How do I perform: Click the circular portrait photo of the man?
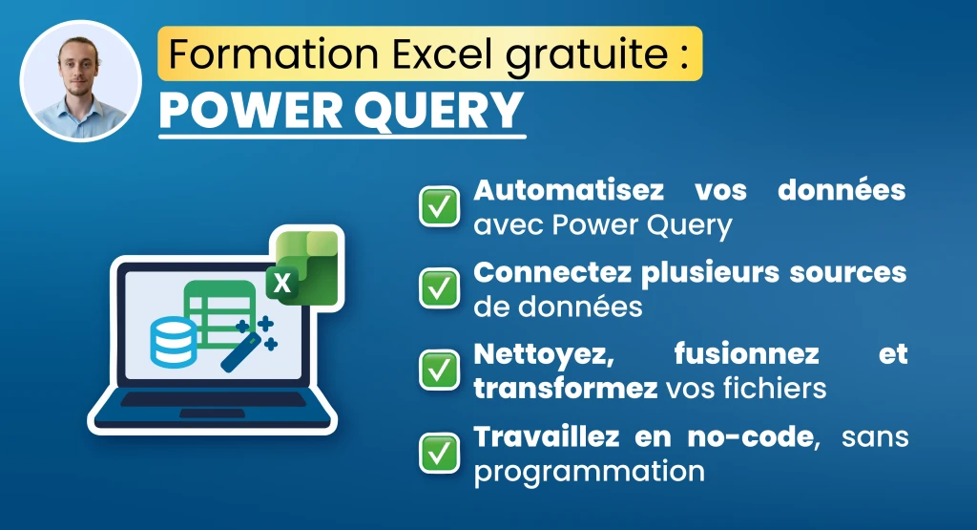tap(80, 80)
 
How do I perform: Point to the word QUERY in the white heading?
tap(438, 112)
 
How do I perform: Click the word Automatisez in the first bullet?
tap(569, 189)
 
